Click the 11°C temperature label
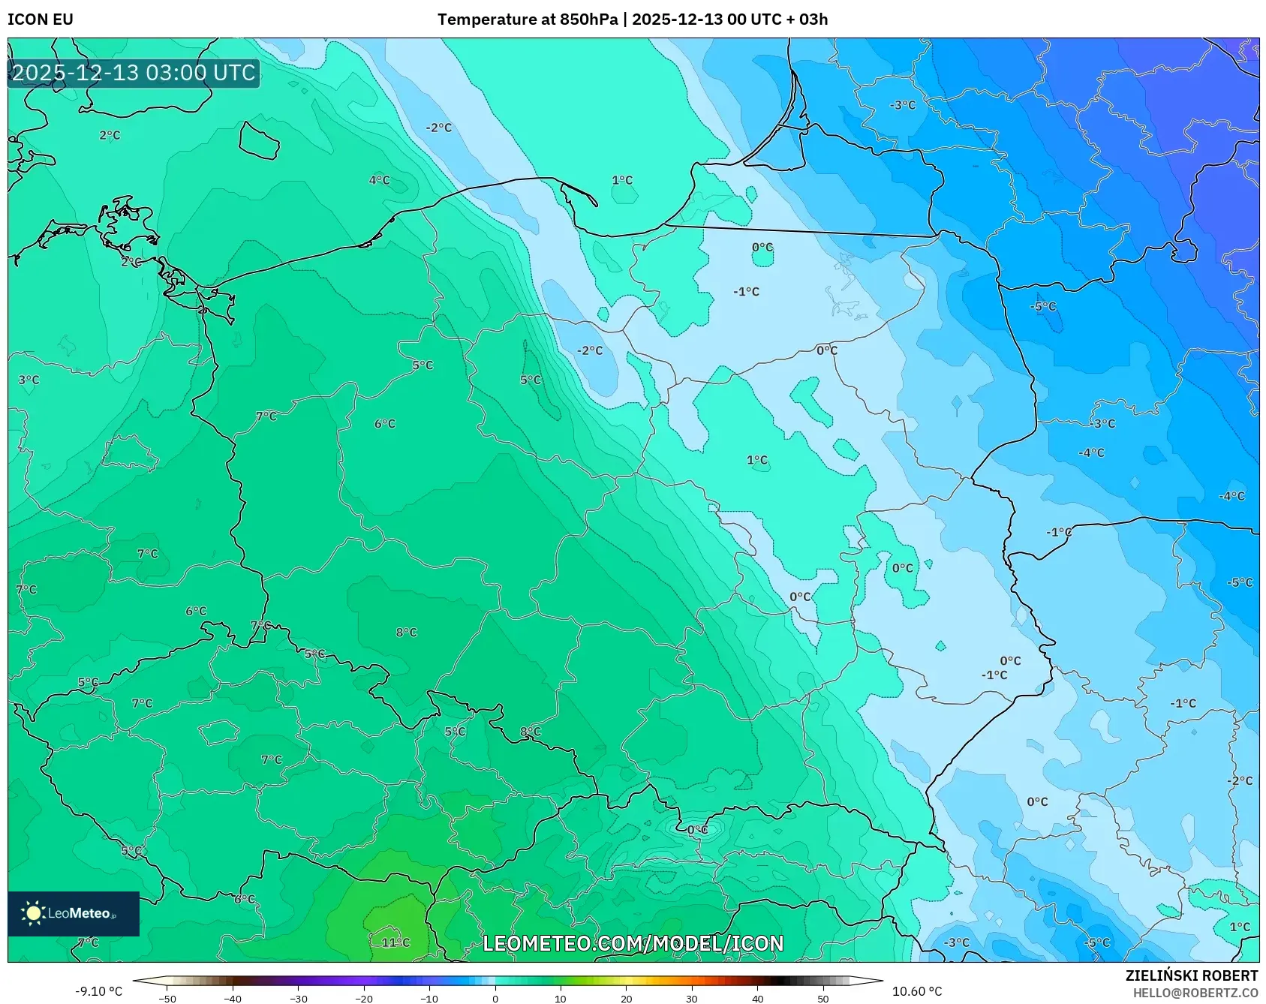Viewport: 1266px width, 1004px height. tap(395, 942)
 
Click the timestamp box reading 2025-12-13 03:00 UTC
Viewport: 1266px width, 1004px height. tap(134, 74)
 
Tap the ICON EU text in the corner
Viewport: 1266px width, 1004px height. tap(41, 20)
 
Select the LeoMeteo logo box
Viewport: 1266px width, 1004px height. tap(74, 913)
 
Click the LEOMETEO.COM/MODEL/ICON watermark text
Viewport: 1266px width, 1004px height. tap(633, 943)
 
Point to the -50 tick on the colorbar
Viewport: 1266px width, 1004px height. tap(167, 998)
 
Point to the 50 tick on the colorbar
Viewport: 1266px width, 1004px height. tap(823, 998)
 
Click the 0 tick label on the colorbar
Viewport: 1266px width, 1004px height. tap(495, 998)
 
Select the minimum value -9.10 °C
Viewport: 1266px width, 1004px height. tap(98, 991)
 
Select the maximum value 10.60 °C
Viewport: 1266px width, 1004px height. tap(917, 991)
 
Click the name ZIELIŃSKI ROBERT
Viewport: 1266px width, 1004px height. tap(1191, 975)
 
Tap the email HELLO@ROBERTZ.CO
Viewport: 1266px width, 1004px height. tap(1195, 993)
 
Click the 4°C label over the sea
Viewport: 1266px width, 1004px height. tap(379, 180)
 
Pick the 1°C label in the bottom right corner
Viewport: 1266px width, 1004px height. tap(1240, 927)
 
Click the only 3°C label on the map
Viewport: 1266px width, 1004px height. tap(29, 380)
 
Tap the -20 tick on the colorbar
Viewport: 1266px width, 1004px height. tap(364, 998)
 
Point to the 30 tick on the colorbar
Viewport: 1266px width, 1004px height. tap(692, 998)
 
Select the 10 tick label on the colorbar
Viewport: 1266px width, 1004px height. tap(561, 998)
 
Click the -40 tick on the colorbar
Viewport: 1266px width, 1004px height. tap(233, 998)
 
